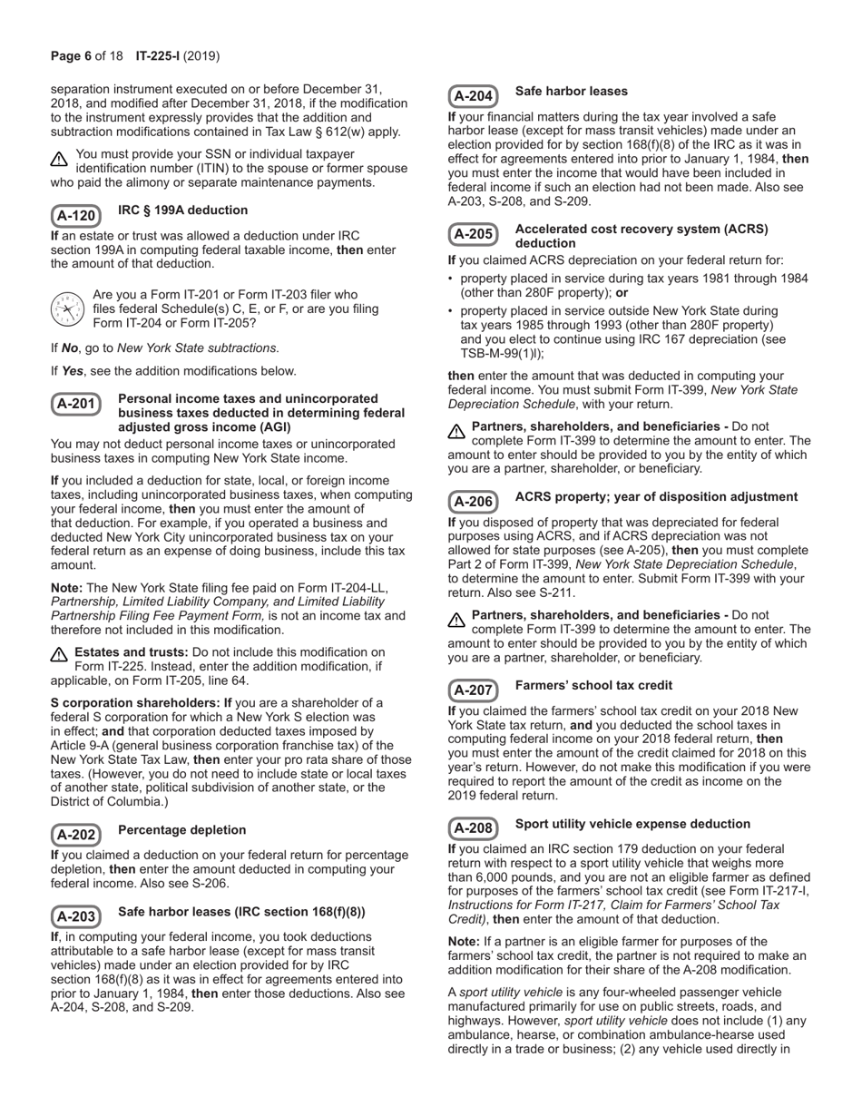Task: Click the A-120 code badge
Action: [x=75, y=216]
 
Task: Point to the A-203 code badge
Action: [x=75, y=917]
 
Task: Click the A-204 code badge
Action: [x=473, y=96]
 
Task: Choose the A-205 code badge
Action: [x=473, y=235]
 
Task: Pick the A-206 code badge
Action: [x=473, y=502]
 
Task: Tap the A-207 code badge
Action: [x=473, y=690]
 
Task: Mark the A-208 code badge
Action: [x=473, y=828]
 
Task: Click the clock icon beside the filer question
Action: [x=67, y=309]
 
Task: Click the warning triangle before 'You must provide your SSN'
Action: [x=59, y=160]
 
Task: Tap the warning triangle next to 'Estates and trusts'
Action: [x=59, y=654]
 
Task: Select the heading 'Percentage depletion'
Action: [x=181, y=830]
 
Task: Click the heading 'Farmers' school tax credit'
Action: [x=593, y=685]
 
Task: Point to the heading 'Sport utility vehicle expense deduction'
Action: [x=632, y=824]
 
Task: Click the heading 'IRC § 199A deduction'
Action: [x=182, y=210]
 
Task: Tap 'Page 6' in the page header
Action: [x=71, y=56]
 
